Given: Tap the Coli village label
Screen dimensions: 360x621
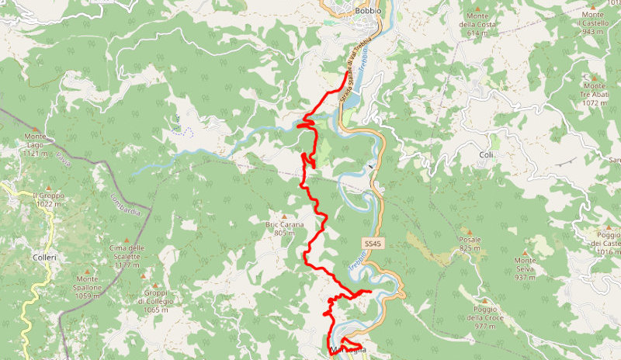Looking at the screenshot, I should click(x=487, y=154).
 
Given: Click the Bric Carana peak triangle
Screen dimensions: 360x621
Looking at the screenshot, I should click(x=285, y=216).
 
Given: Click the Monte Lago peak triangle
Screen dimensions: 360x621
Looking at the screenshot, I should click(x=36, y=129).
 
